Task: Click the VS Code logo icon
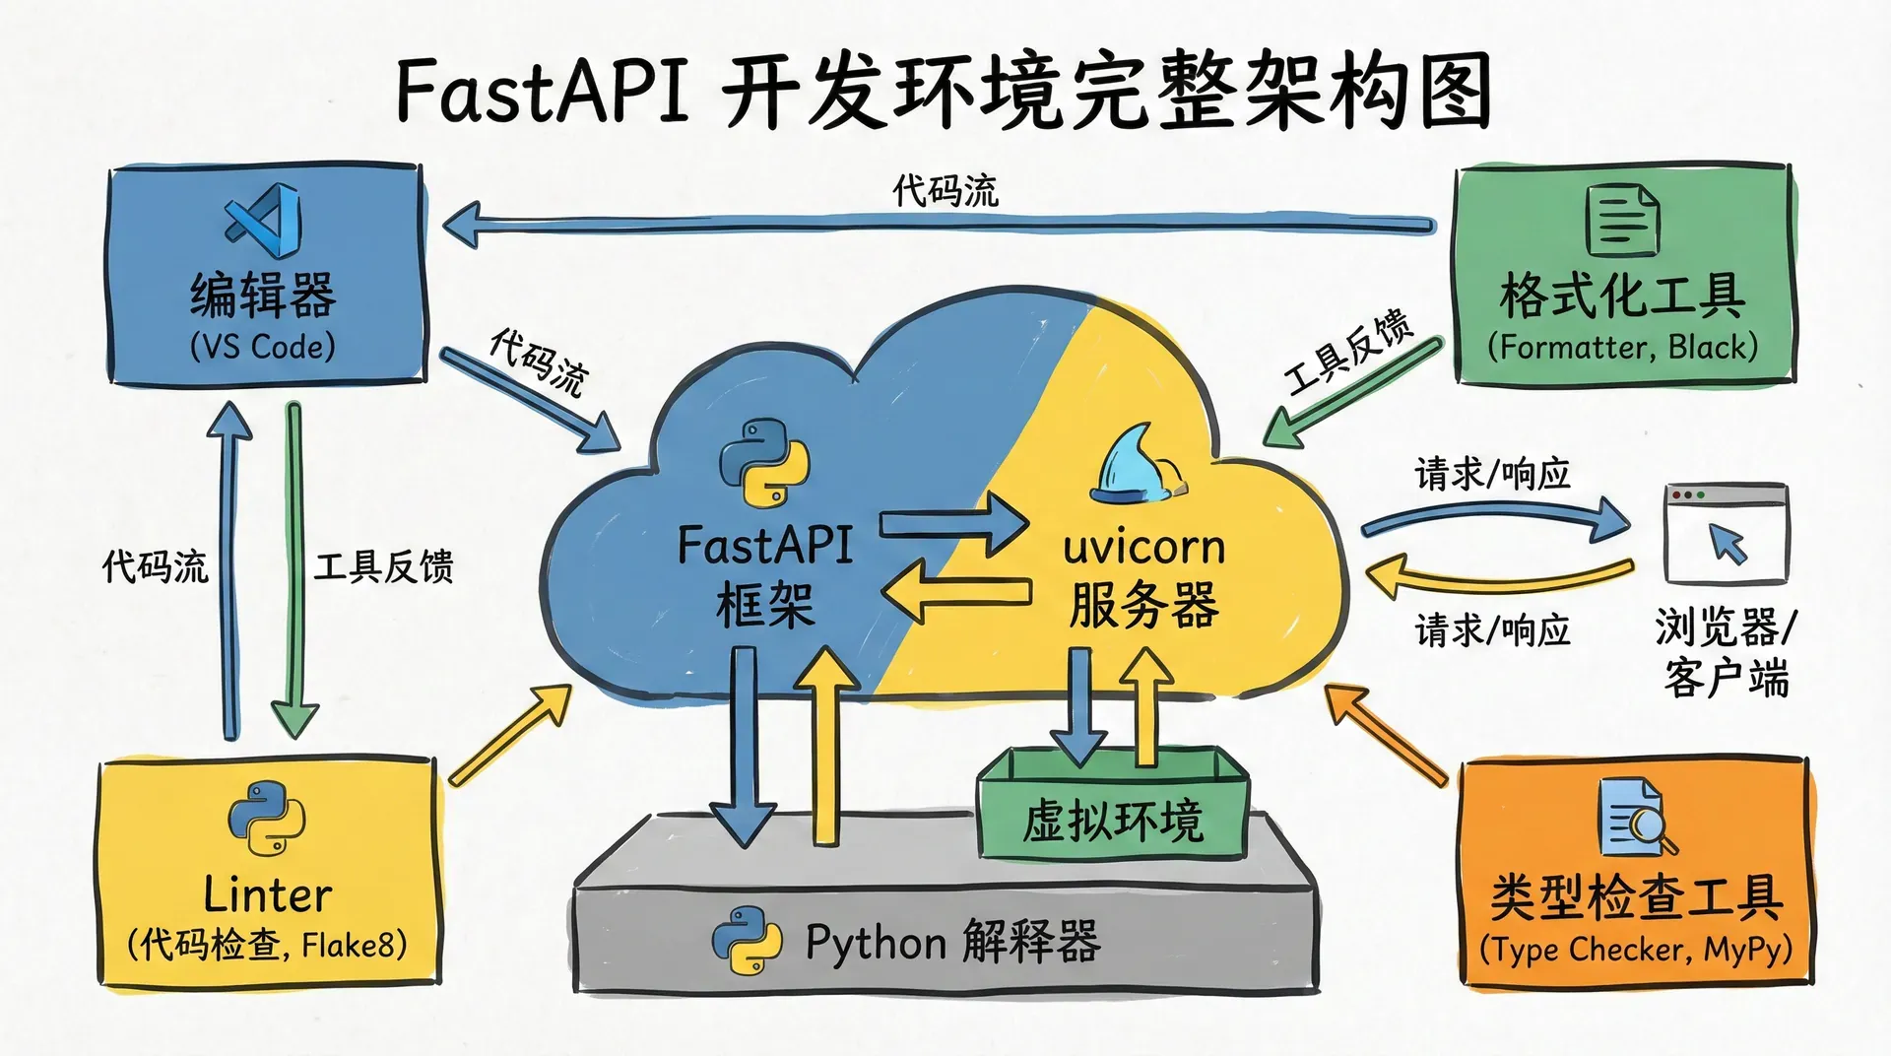pos(264,220)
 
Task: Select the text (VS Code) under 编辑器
pos(263,347)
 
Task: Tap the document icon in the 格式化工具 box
pos(1622,220)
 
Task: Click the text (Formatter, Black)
pos(1622,347)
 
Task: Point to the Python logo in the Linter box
pos(266,818)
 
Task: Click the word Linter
pos(267,894)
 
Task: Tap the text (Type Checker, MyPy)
pos(1636,950)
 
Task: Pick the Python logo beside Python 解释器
pos(747,941)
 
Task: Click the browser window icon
pos(1726,534)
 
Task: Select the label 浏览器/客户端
pos(1726,652)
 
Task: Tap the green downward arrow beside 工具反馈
pos(294,571)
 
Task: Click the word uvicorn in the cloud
pos(1143,548)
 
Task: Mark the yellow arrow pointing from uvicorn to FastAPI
pos(955,592)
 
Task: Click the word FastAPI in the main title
pos(542,91)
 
